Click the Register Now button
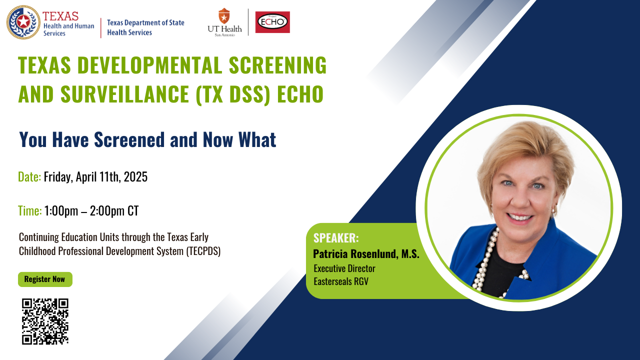pos(45,279)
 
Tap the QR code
pos(45,321)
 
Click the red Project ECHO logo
pos(272,22)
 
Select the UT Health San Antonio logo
pos(224,22)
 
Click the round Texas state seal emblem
pos(23,22)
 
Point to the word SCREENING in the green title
pos(277,65)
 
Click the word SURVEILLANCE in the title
pos(125,94)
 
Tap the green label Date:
pos(29,177)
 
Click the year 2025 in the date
pos(135,177)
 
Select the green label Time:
pos(30,211)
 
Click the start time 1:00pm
pos(61,211)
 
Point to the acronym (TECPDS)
pos(203,251)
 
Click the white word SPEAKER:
pos(336,238)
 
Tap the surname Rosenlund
pos(374,253)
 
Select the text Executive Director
pos(344,268)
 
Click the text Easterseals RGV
pos(341,281)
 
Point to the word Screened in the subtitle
pos(129,139)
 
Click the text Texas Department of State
pos(145,23)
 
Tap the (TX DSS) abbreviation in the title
pos(233,94)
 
